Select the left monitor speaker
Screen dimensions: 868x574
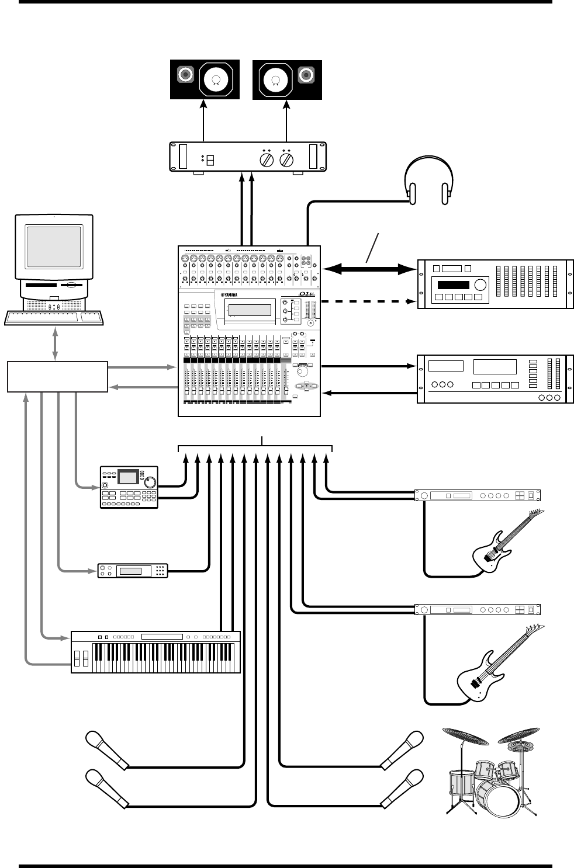[x=205, y=79]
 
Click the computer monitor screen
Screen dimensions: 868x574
[x=54, y=246]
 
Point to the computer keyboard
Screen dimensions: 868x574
[x=54, y=318]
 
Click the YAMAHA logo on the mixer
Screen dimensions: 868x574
[x=234, y=294]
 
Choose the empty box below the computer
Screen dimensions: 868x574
[x=57, y=376]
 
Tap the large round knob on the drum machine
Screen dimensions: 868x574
[x=150, y=482]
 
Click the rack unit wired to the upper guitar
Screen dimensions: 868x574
[x=478, y=495]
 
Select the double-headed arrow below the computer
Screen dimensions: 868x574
[x=56, y=344]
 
